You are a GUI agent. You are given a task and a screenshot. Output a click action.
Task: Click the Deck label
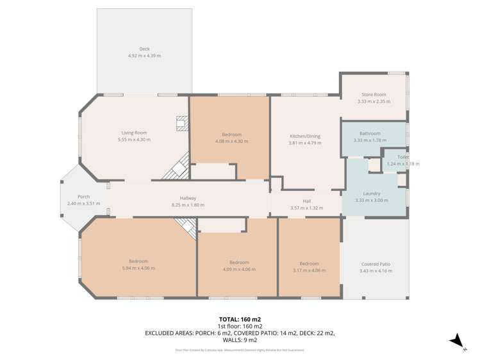pos(144,49)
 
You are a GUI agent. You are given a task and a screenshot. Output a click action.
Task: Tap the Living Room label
pos(134,133)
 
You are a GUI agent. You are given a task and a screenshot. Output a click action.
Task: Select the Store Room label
pos(374,94)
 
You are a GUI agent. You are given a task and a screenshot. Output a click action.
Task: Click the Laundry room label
pos(372,193)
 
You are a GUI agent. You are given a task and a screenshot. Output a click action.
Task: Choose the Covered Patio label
pos(376,264)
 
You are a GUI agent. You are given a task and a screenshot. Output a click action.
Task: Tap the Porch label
pos(83,197)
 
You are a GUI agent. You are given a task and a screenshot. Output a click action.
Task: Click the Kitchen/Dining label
pos(305,136)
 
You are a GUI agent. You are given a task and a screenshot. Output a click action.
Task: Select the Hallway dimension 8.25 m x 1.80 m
pos(187,205)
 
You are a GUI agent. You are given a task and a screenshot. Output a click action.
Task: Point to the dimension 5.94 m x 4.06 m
pos(138,268)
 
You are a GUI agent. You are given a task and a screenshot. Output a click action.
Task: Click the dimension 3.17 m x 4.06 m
pos(309,270)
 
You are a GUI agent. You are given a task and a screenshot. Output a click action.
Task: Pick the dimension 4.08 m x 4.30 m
pos(231,141)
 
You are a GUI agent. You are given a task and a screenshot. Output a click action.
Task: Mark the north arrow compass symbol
pos(456,340)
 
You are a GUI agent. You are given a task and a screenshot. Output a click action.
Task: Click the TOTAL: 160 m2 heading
pos(240,319)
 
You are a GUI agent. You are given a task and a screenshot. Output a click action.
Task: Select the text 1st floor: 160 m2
pos(240,326)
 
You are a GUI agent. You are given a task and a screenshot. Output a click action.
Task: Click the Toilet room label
pos(402,157)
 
